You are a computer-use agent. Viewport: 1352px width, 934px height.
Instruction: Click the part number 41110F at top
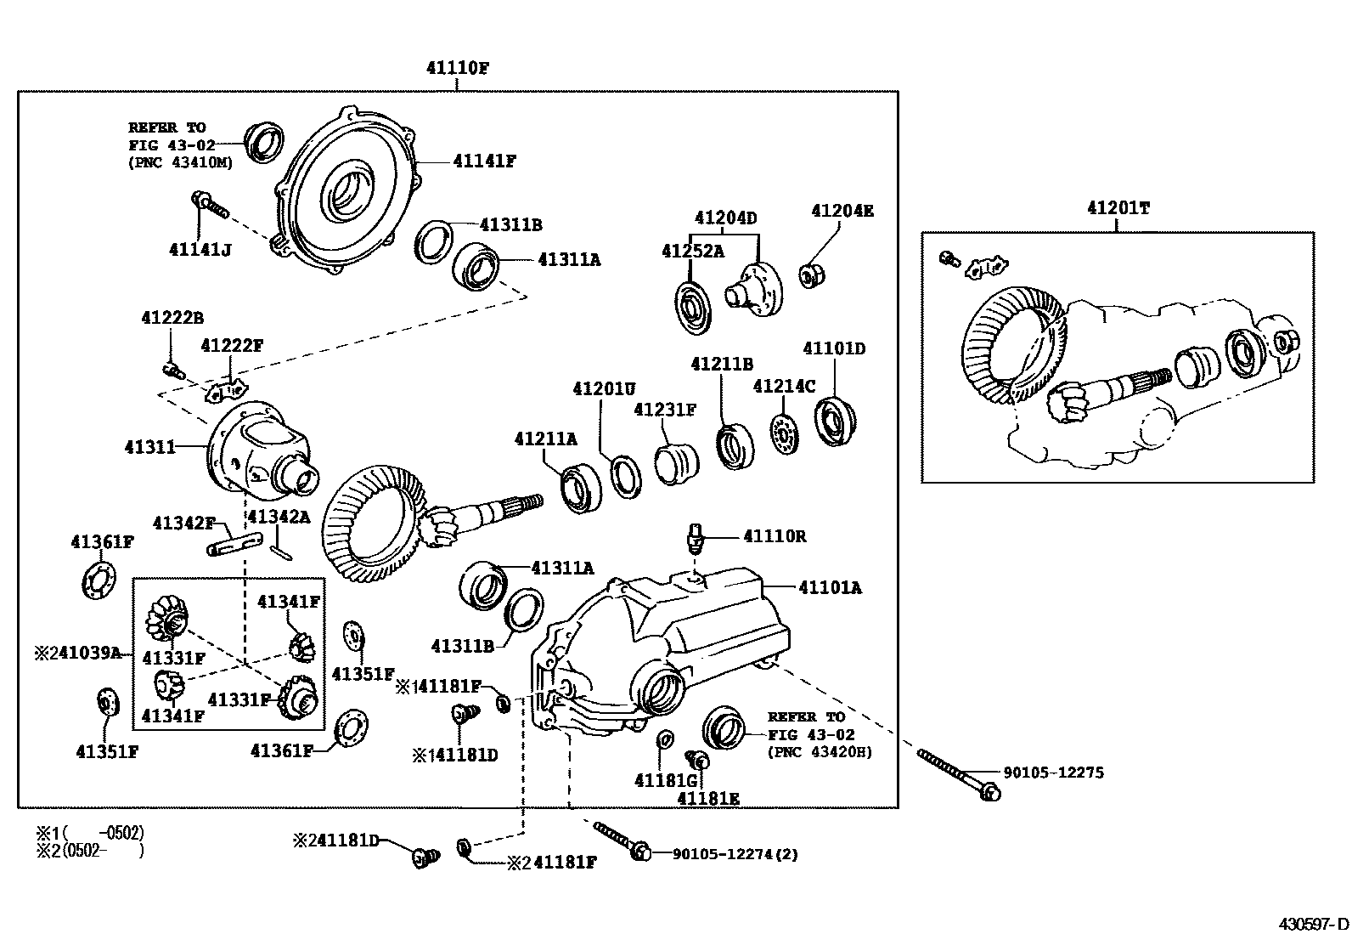click(x=458, y=69)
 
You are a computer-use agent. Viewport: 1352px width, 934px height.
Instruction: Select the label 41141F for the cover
click(x=484, y=161)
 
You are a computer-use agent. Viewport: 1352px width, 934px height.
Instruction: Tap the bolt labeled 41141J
click(x=209, y=204)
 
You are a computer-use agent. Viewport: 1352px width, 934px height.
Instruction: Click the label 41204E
click(x=842, y=211)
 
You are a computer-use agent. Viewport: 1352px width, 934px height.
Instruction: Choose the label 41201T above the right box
click(x=1118, y=208)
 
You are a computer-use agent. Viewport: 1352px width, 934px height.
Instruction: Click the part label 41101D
click(x=834, y=348)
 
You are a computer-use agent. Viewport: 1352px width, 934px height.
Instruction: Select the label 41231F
click(x=665, y=410)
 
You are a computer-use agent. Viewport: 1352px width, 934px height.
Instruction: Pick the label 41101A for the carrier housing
click(x=830, y=587)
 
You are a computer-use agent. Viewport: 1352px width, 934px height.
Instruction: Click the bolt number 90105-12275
click(x=1053, y=773)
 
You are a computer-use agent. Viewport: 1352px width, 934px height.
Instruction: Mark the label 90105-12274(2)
click(x=735, y=854)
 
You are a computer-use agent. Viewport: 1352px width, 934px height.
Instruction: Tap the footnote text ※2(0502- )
click(x=89, y=850)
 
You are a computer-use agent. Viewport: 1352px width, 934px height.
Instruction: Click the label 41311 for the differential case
click(x=149, y=446)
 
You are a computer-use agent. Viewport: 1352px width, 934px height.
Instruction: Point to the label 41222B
click(x=172, y=318)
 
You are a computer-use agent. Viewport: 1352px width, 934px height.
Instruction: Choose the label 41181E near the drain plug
click(x=708, y=798)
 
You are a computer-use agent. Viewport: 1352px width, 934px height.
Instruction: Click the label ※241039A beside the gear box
click(x=78, y=653)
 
